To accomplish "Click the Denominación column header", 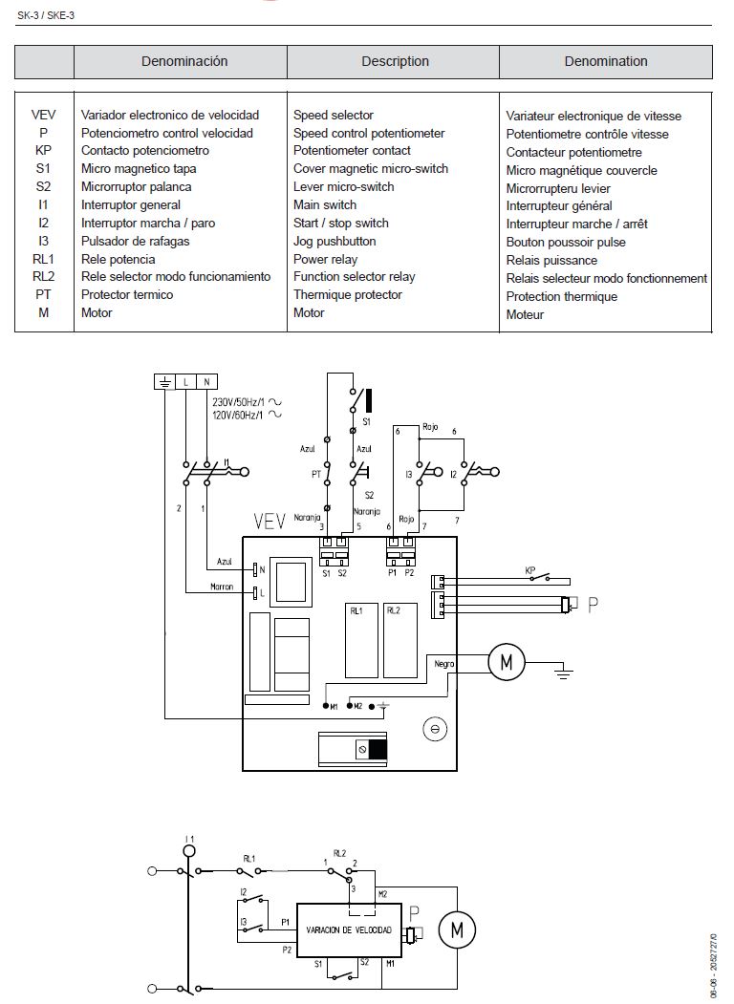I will click(184, 61).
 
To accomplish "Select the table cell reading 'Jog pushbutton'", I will click(335, 241).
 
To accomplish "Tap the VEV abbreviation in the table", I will click(43, 115).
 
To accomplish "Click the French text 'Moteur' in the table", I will click(525, 314).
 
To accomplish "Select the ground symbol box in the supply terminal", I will click(164, 382).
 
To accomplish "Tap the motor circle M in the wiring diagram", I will click(507, 660).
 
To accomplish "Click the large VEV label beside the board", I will click(270, 522).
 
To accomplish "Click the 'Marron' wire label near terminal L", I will click(222, 587).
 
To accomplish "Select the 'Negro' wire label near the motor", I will click(443, 662).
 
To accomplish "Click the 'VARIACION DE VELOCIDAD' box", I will click(348, 929).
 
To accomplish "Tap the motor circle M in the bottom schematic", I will click(457, 928).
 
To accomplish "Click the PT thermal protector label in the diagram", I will click(315, 473).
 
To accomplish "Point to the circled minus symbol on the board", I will click(434, 729).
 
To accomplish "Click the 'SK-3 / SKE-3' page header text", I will click(45, 11).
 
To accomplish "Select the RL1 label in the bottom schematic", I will click(248, 857).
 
